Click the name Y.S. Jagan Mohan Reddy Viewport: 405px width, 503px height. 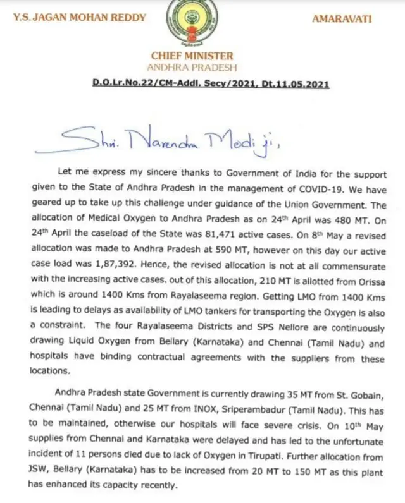(x=79, y=18)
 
